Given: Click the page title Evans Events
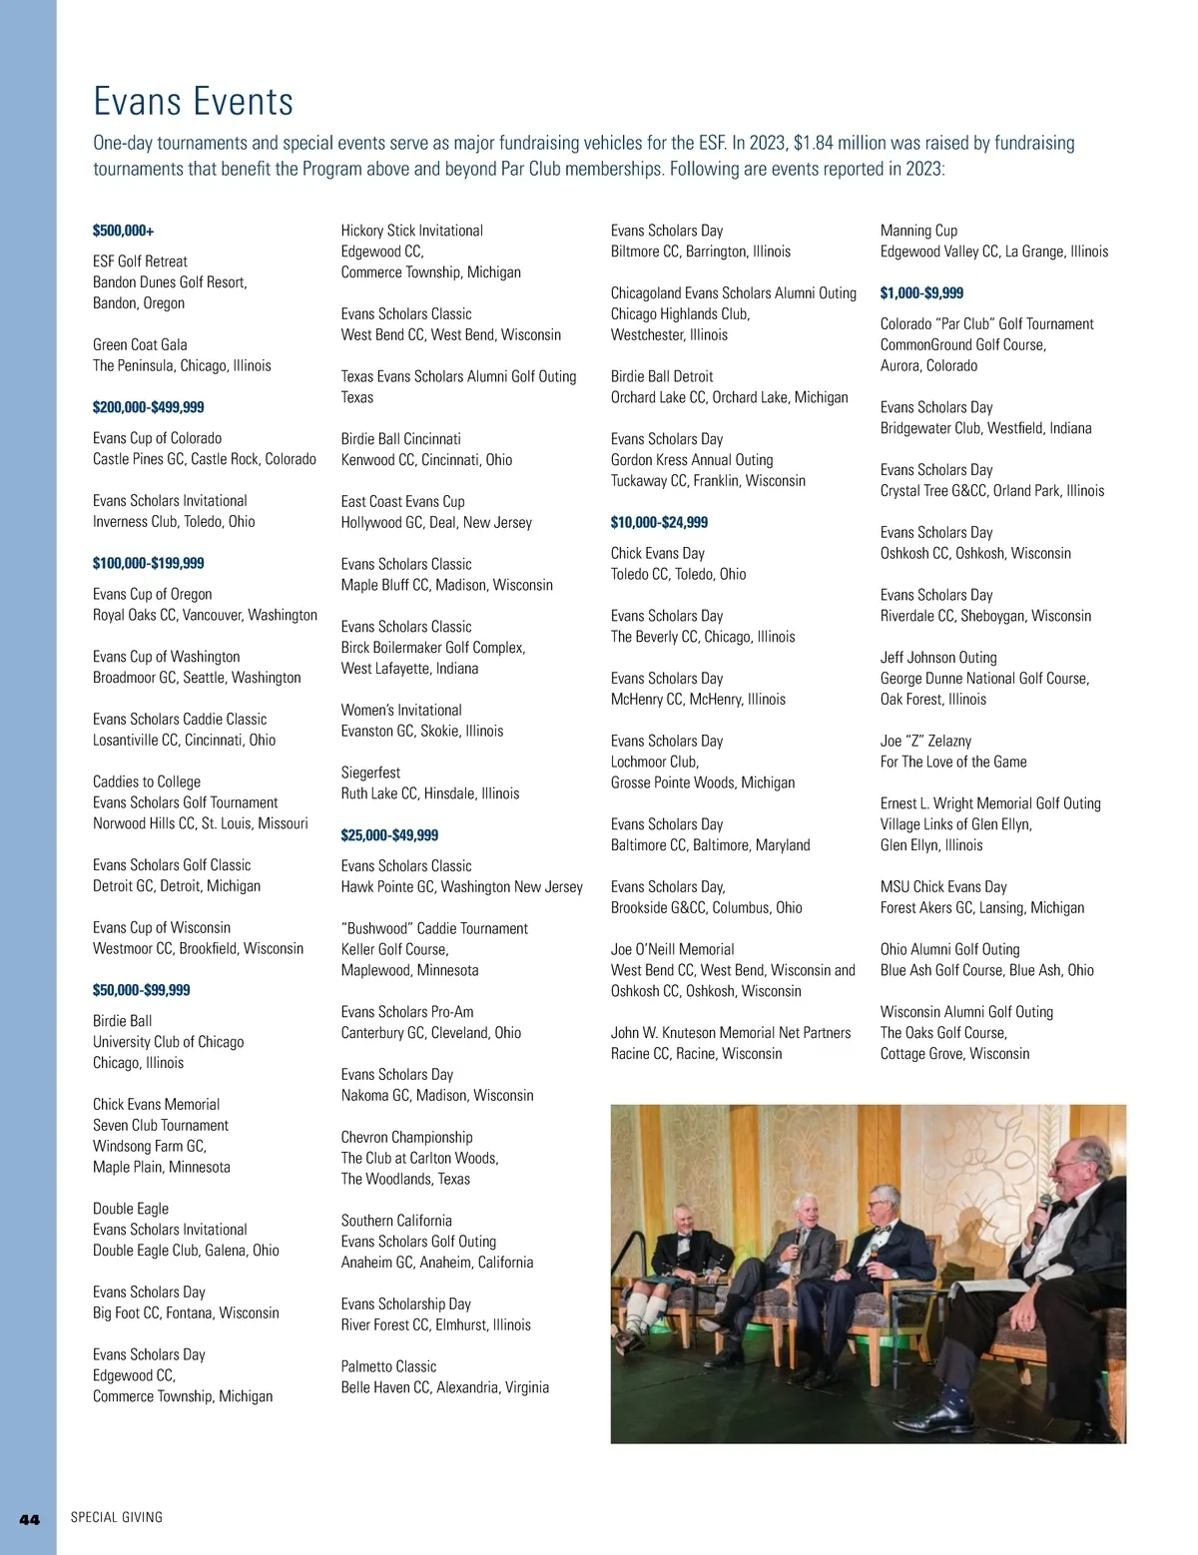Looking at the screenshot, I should pyautogui.click(x=193, y=102).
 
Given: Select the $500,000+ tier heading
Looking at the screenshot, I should pyautogui.click(x=123, y=231).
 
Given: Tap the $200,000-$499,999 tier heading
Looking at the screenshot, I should pyautogui.click(x=148, y=407).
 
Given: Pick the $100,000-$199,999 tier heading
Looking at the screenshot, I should pyautogui.click(x=148, y=563).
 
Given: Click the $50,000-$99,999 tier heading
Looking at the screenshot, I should pyautogui.click(x=141, y=990).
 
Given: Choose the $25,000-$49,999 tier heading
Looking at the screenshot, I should pyautogui.click(x=389, y=835).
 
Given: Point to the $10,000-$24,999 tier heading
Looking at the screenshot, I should pyautogui.click(x=659, y=522).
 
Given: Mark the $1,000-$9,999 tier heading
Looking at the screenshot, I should pyautogui.click(x=921, y=293).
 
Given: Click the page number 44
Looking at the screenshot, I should pyautogui.click(x=30, y=1519).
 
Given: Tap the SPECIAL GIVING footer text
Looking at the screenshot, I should pyautogui.click(x=116, y=1517).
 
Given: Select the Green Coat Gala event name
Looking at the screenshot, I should pyautogui.click(x=140, y=344).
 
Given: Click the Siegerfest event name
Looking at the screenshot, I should pyautogui.click(x=370, y=773).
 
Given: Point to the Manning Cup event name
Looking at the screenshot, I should pyautogui.click(x=918, y=231).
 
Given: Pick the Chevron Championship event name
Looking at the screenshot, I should pyautogui.click(x=406, y=1137).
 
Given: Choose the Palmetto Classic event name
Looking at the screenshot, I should pyautogui.click(x=388, y=1366).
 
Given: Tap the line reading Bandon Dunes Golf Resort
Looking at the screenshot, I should pyautogui.click(x=170, y=282).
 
